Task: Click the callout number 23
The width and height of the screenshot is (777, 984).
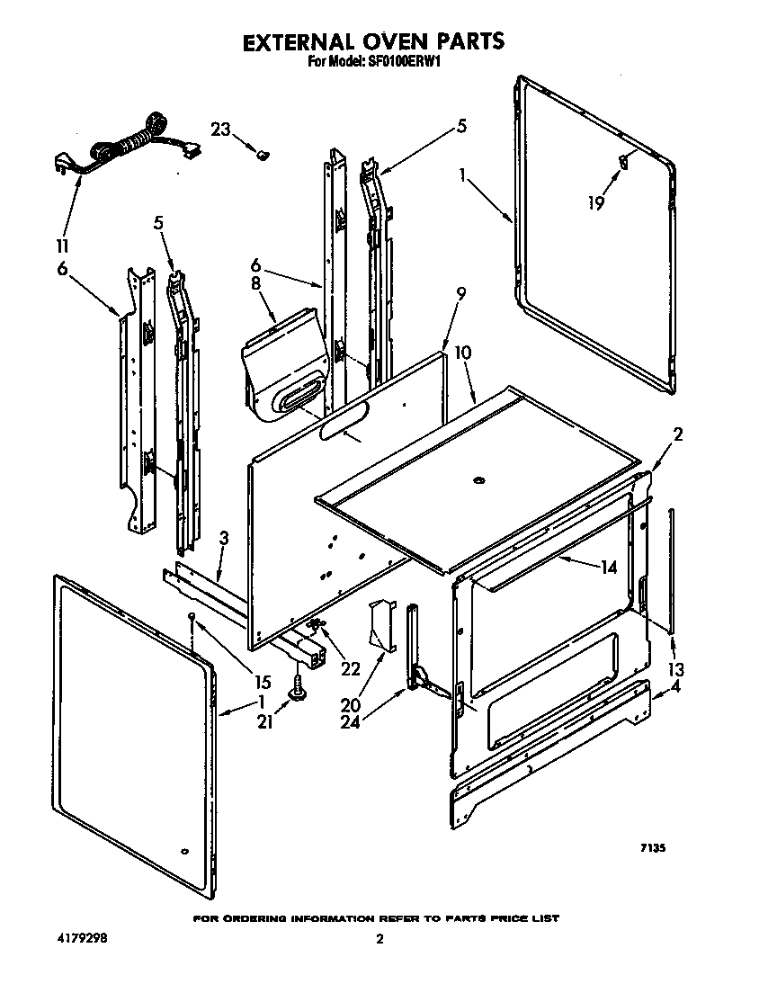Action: tap(221, 129)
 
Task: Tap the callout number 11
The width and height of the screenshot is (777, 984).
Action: tap(63, 244)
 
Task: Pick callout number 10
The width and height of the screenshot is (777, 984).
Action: tap(462, 353)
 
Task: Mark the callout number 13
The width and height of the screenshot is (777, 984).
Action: tap(676, 669)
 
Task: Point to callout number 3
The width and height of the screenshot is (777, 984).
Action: tap(224, 539)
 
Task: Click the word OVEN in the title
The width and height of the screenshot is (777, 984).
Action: tap(388, 41)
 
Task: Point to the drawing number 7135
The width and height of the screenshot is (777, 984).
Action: tap(652, 847)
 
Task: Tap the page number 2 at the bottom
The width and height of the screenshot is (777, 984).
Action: tap(380, 940)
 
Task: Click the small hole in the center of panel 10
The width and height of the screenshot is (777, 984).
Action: tap(478, 480)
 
